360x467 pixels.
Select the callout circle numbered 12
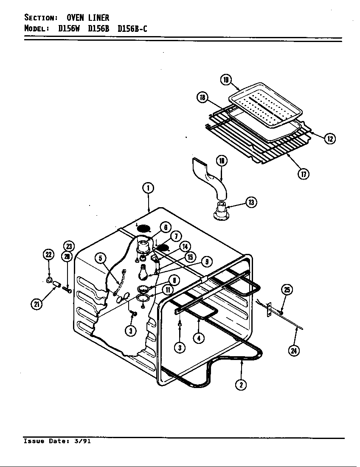tap(330, 138)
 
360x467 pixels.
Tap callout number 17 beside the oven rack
tap(303, 173)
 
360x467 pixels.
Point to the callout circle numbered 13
tap(251, 203)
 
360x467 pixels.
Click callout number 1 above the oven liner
tap(148, 188)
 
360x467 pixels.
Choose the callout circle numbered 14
tap(185, 247)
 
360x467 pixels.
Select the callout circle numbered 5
tap(100, 258)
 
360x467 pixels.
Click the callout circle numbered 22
tap(49, 255)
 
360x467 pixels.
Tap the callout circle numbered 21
tap(38, 304)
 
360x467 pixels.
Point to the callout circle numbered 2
tap(241, 385)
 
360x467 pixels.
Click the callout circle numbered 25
tap(287, 290)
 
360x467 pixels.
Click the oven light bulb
tap(144, 272)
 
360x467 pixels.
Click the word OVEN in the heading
tap(75, 17)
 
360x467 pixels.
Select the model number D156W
tap(70, 29)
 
